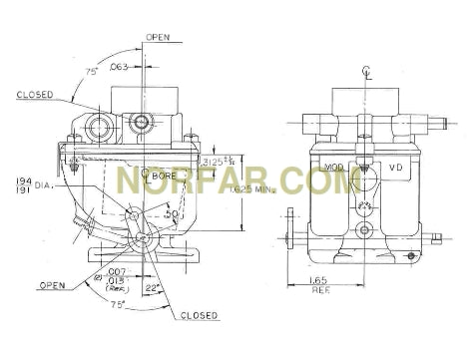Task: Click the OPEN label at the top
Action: [158, 37]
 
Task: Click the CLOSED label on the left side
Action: [34, 96]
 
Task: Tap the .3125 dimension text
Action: [213, 162]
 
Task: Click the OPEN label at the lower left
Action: [52, 285]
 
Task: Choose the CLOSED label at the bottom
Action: [200, 316]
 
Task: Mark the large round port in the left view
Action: [142, 122]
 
